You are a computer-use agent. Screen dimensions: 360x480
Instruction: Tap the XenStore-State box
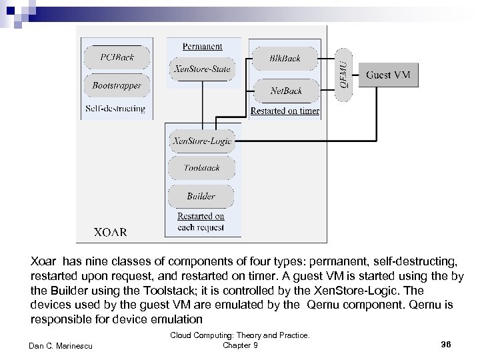click(201, 68)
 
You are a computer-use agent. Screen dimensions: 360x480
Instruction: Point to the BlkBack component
click(285, 58)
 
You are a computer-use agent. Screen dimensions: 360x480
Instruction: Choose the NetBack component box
click(285, 90)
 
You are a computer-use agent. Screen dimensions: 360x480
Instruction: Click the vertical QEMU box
click(343, 74)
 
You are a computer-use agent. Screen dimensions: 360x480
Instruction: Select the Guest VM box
click(388, 75)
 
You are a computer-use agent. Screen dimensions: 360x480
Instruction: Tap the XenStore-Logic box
click(201, 141)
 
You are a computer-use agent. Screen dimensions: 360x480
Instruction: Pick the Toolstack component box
click(201, 168)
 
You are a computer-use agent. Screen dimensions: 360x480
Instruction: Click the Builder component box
click(201, 196)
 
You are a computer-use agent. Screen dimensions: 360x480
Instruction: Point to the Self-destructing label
click(115, 108)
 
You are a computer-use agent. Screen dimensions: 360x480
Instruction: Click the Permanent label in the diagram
click(202, 46)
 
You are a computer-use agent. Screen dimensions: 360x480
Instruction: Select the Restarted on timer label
click(285, 111)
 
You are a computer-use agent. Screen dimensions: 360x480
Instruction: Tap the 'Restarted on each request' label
click(201, 221)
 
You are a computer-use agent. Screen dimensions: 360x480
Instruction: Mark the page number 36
click(446, 343)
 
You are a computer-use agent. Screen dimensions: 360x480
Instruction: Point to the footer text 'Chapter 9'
click(239, 344)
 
